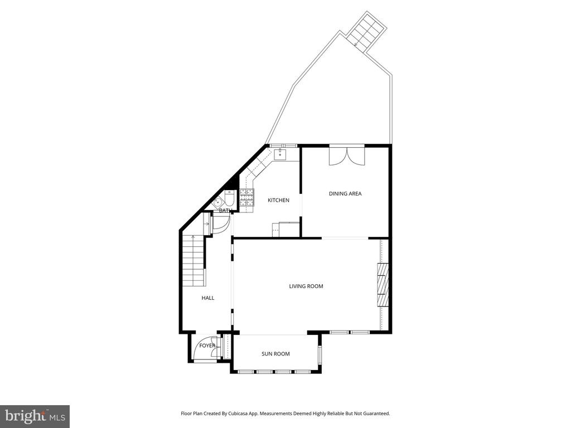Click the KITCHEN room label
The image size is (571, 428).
point(279,200)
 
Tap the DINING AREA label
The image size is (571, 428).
point(345,193)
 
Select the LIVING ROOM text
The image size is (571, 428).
point(306,286)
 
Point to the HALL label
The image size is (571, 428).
point(208,298)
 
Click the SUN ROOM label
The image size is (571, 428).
point(275,354)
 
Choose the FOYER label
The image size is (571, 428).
point(207,346)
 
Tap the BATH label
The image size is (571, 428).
point(225,210)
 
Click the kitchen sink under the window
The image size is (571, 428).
point(280,154)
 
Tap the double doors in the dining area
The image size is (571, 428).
point(347,156)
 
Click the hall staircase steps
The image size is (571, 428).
point(193,261)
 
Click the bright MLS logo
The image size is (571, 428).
point(35,416)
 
